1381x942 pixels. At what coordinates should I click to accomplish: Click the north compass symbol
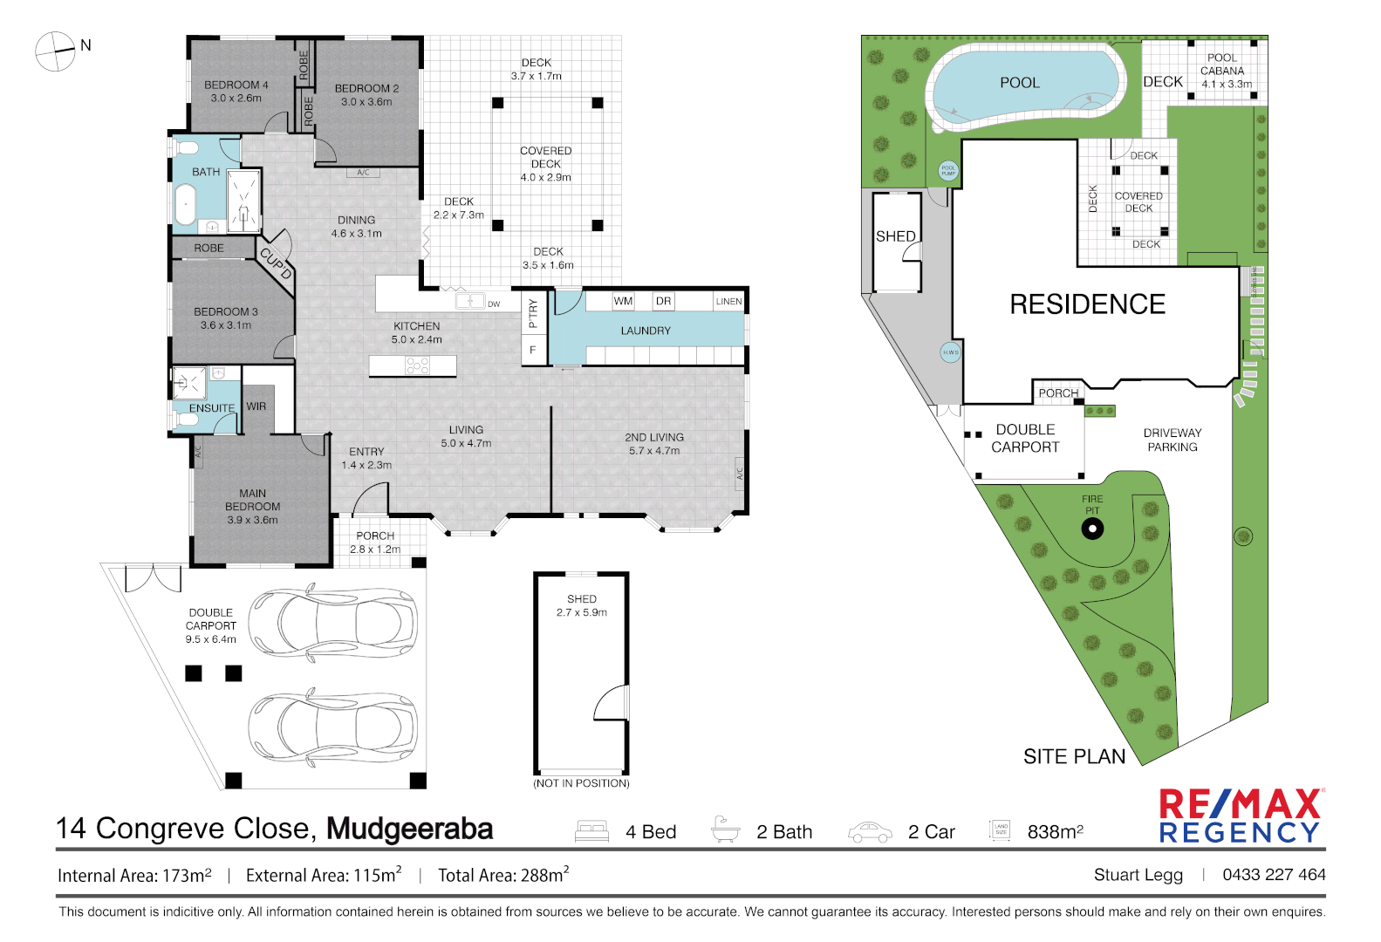click(55, 51)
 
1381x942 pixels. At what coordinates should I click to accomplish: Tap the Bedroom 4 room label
click(236, 85)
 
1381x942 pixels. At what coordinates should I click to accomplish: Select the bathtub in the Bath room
click(185, 208)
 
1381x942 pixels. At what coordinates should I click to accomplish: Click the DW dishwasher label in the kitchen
click(494, 304)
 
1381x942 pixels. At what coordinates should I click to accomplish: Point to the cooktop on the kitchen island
click(417, 365)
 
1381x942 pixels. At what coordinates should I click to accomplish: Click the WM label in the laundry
click(623, 301)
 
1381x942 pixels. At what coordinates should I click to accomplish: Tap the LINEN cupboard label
click(728, 302)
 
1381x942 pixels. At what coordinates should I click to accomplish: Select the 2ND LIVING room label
click(654, 438)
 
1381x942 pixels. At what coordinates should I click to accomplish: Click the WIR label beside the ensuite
click(256, 406)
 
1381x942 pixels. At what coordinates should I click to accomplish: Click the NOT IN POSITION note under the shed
click(581, 783)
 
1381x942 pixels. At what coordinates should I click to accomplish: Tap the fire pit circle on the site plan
click(1092, 529)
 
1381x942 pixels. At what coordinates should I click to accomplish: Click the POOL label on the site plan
click(1020, 83)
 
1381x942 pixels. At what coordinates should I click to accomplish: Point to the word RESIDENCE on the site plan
click(1087, 304)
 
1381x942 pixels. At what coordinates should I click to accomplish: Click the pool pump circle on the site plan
click(948, 171)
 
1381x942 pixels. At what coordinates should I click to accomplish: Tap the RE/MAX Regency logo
click(1241, 816)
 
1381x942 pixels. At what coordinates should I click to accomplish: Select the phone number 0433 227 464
click(1274, 875)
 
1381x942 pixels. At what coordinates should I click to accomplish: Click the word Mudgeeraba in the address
click(409, 829)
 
